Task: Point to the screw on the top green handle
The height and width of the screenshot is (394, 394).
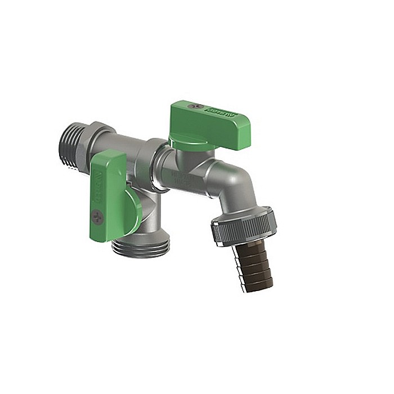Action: [x=195, y=106]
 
